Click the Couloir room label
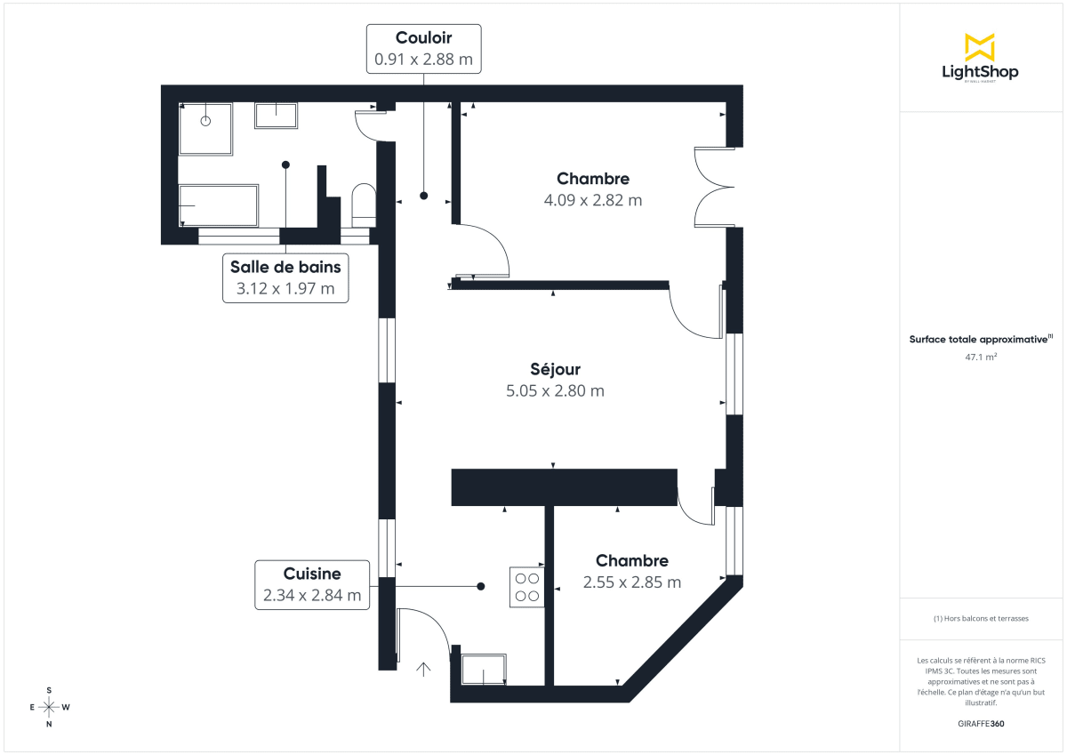tap(423, 38)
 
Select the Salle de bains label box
tap(285, 277)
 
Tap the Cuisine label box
tap(312, 584)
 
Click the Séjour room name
tap(555, 369)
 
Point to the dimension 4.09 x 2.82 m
tap(592, 201)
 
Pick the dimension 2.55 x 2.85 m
tap(631, 582)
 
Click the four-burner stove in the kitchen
tap(526, 587)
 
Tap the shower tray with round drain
tap(206, 130)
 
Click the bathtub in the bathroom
tap(219, 205)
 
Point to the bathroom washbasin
tap(277, 115)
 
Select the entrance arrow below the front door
tap(423, 670)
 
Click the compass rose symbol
tap(49, 707)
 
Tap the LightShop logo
tap(980, 58)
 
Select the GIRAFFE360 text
tap(980, 724)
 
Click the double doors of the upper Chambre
tap(714, 187)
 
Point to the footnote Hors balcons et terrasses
tap(980, 618)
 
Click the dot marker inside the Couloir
tap(423, 195)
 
